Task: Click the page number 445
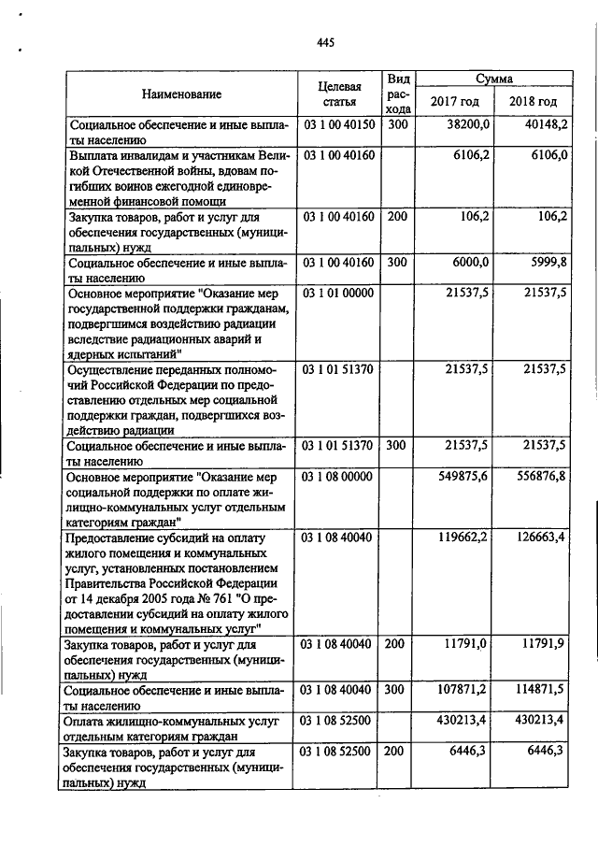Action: tap(325, 42)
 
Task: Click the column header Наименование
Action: tap(181, 94)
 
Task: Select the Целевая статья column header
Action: tap(338, 93)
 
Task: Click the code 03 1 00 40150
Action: tap(338, 123)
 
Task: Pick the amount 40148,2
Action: tap(546, 123)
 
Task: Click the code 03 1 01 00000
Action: tap(338, 294)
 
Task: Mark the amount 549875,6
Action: tap(463, 477)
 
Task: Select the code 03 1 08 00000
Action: tap(338, 477)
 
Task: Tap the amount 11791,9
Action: tap(546, 644)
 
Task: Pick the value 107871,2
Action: tap(463, 689)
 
